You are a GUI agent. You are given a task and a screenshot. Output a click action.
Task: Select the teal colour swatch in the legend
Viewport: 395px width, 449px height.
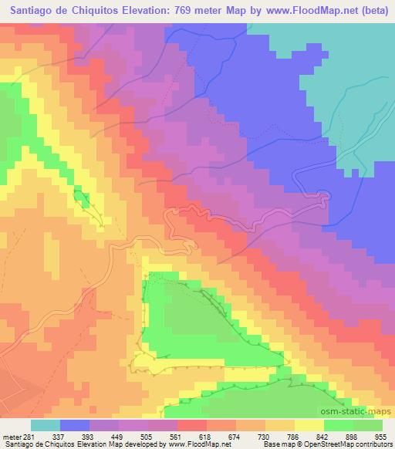pyautogui.click(x=46, y=425)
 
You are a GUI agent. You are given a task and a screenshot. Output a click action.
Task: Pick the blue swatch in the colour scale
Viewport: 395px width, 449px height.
pyautogui.click(x=75, y=425)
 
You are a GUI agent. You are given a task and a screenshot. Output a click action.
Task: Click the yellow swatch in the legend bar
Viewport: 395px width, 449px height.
pyautogui.click(x=309, y=425)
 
